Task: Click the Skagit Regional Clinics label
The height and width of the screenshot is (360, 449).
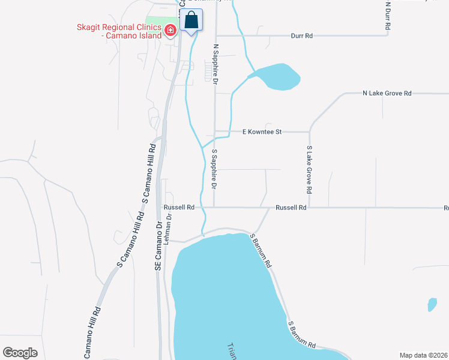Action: point(119,31)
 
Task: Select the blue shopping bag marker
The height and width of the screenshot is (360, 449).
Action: point(191,20)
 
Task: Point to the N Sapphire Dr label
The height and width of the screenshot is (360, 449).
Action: point(214,62)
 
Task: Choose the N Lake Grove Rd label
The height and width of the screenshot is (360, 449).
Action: point(387,94)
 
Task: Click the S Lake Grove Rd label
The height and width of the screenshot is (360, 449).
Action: point(309,169)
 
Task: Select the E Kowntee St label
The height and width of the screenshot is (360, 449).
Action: point(262,131)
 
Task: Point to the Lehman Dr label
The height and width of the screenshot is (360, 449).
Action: point(169,229)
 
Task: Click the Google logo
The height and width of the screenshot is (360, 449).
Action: point(20,353)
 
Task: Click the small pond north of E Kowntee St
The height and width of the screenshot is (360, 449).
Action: point(277,76)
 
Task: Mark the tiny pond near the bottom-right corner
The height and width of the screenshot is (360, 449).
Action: point(432,304)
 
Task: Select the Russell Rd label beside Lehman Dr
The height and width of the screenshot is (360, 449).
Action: point(179,208)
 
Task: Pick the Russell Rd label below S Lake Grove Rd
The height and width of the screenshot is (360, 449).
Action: point(291,208)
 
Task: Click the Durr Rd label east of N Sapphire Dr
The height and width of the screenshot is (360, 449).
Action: point(301,36)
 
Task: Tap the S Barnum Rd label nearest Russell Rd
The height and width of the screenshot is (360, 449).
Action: point(262,251)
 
